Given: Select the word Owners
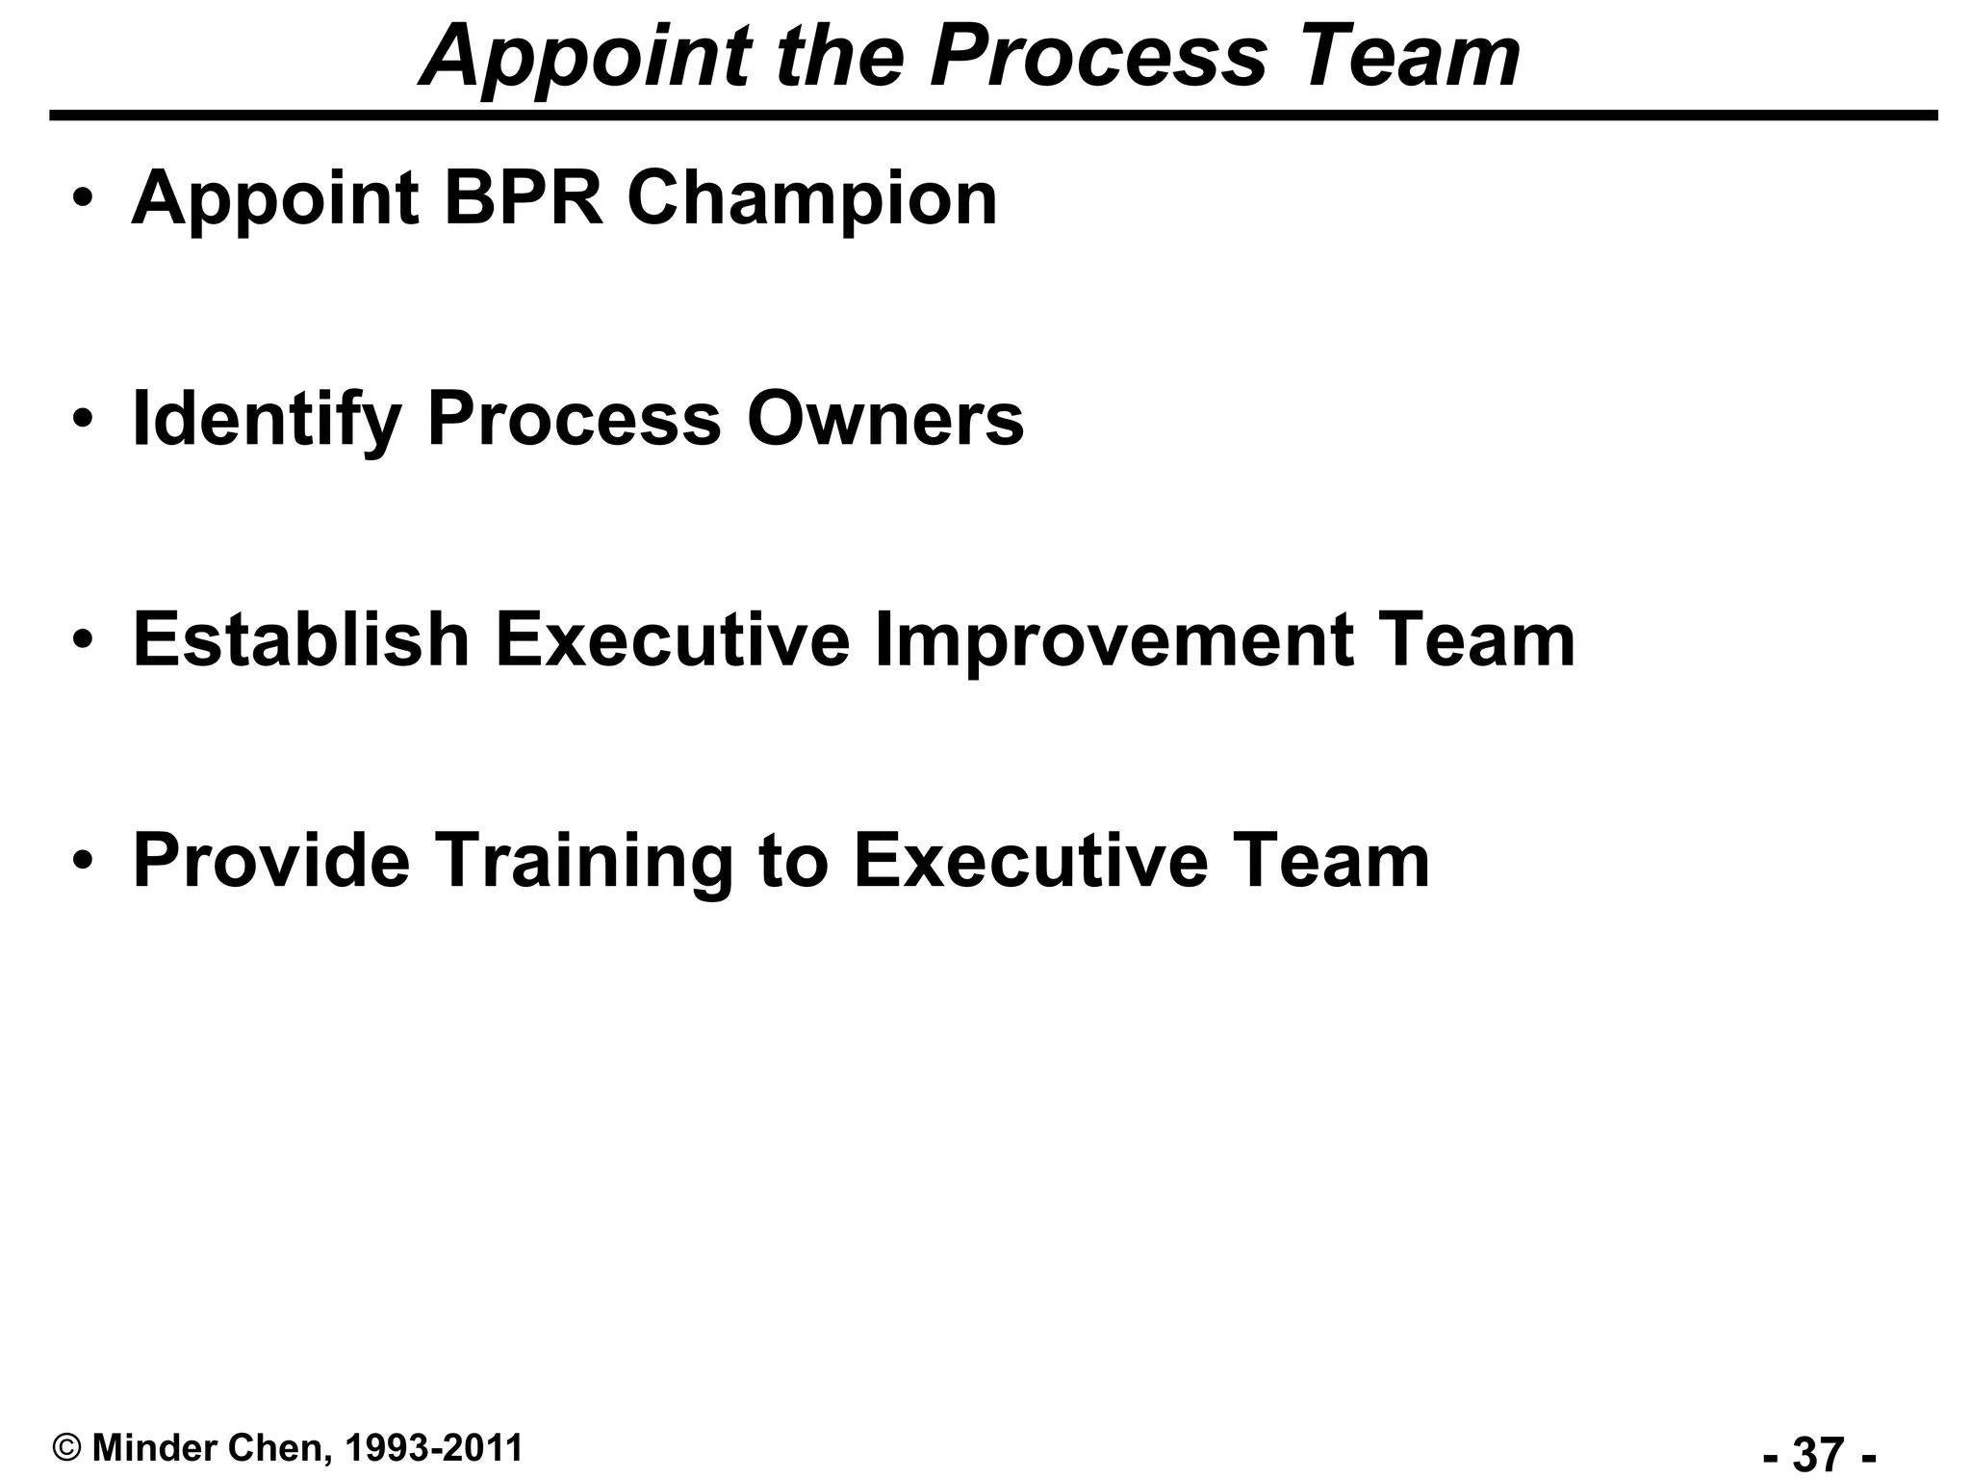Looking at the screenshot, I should coord(885,419).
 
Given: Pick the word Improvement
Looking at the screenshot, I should coord(1115,641).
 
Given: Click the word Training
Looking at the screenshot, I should coord(586,862).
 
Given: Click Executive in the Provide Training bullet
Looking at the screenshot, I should coord(1031,860).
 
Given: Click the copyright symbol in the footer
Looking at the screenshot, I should coord(67,1448).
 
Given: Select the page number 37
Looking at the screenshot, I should coord(1819,1454).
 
